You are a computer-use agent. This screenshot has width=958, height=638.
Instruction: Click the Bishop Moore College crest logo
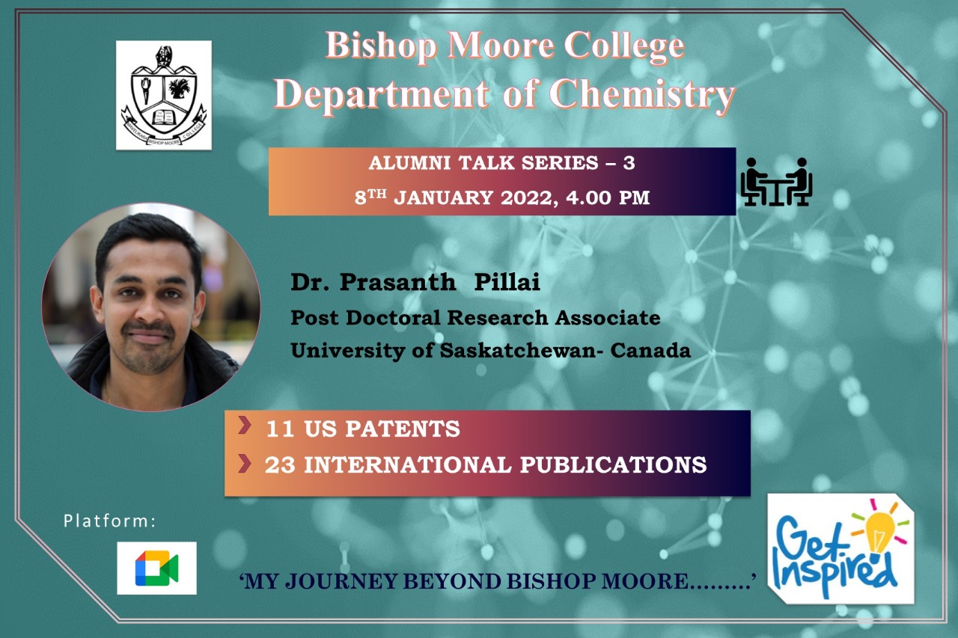click(164, 95)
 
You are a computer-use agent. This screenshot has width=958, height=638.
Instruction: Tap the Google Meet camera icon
click(157, 568)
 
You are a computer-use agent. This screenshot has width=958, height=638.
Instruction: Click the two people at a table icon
click(776, 182)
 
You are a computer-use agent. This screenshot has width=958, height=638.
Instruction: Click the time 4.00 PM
click(608, 198)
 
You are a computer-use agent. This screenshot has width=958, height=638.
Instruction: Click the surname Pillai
click(507, 283)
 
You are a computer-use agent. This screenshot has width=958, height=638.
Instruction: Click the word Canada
click(650, 351)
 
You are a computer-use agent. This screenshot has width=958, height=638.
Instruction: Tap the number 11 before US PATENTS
click(280, 429)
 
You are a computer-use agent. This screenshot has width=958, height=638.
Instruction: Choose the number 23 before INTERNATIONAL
click(280, 465)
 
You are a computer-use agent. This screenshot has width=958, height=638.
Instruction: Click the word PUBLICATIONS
click(613, 465)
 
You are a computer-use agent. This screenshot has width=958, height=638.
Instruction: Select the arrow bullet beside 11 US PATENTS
click(244, 425)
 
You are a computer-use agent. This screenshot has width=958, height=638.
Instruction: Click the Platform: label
click(110, 521)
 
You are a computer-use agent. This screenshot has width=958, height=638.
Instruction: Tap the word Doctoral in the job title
click(393, 318)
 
